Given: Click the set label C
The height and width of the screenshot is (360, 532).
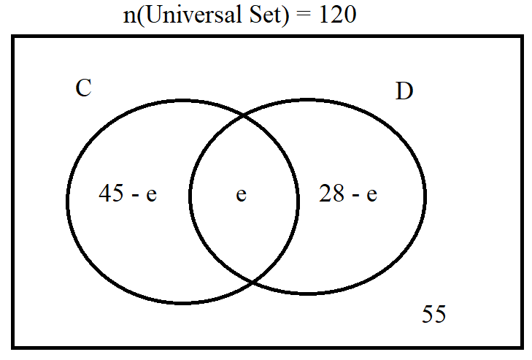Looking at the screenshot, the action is pos(83,88).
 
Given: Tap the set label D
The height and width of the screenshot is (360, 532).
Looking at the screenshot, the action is pos(404,91).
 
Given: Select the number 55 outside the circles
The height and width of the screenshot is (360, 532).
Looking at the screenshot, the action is pos(434,313).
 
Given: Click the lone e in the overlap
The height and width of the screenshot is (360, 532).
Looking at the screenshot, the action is pos(242,194).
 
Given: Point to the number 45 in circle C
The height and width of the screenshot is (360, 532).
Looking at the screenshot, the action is pos(111,193).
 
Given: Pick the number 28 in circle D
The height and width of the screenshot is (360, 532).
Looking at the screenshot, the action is pos(331,193).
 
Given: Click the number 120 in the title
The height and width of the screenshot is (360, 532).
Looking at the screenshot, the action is pos(338,15).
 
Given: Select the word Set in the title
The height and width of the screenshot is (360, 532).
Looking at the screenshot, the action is pos(265,15).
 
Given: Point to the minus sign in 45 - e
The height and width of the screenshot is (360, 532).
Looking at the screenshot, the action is pos(135,196).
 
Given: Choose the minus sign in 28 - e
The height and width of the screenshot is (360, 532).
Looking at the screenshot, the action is pos(355,196).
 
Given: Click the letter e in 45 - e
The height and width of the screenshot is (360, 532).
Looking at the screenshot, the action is pos(152,194).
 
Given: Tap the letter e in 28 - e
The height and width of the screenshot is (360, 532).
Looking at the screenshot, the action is pos(372,194).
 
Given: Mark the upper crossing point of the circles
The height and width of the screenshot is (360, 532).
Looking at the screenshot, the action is pos(244,117).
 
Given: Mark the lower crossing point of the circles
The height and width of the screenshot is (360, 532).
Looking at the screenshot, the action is pos(252,281).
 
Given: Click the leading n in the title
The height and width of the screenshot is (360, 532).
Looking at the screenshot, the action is pos(129,17).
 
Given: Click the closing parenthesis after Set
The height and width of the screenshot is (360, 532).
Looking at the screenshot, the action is pos(285,15).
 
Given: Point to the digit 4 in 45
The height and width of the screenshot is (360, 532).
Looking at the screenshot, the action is pos(104,193).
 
